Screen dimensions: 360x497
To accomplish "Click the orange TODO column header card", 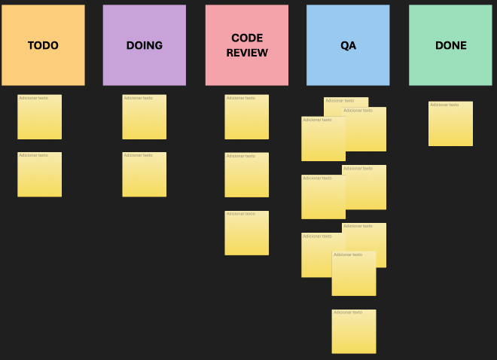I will point(43,45).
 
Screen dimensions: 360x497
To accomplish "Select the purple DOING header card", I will point(144,45).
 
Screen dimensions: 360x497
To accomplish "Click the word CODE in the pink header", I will point(247,38).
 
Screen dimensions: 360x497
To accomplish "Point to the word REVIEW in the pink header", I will point(247,53).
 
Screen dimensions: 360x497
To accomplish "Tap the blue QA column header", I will point(348,45).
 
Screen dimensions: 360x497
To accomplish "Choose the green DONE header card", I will point(450,45).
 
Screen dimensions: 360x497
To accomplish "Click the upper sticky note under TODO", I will point(39,119).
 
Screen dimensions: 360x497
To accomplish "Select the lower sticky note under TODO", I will point(39,177).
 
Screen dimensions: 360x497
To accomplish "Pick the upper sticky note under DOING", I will point(144,119).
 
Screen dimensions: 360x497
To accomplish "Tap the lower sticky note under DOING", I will point(144,177).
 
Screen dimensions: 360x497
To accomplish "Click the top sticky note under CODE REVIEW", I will point(246,119).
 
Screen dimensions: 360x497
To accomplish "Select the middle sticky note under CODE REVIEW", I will point(246,177).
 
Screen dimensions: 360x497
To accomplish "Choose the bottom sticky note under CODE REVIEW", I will point(246,235).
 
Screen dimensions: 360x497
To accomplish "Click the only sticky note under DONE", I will point(450,126).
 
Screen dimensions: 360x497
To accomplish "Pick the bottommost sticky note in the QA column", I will point(353,334).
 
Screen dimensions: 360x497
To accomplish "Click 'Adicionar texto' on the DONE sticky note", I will point(444,105).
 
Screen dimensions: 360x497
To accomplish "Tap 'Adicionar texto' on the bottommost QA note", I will point(348,313).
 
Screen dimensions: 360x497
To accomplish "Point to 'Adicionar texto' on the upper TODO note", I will point(33,98).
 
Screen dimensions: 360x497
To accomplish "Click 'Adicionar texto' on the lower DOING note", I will point(138,156).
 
